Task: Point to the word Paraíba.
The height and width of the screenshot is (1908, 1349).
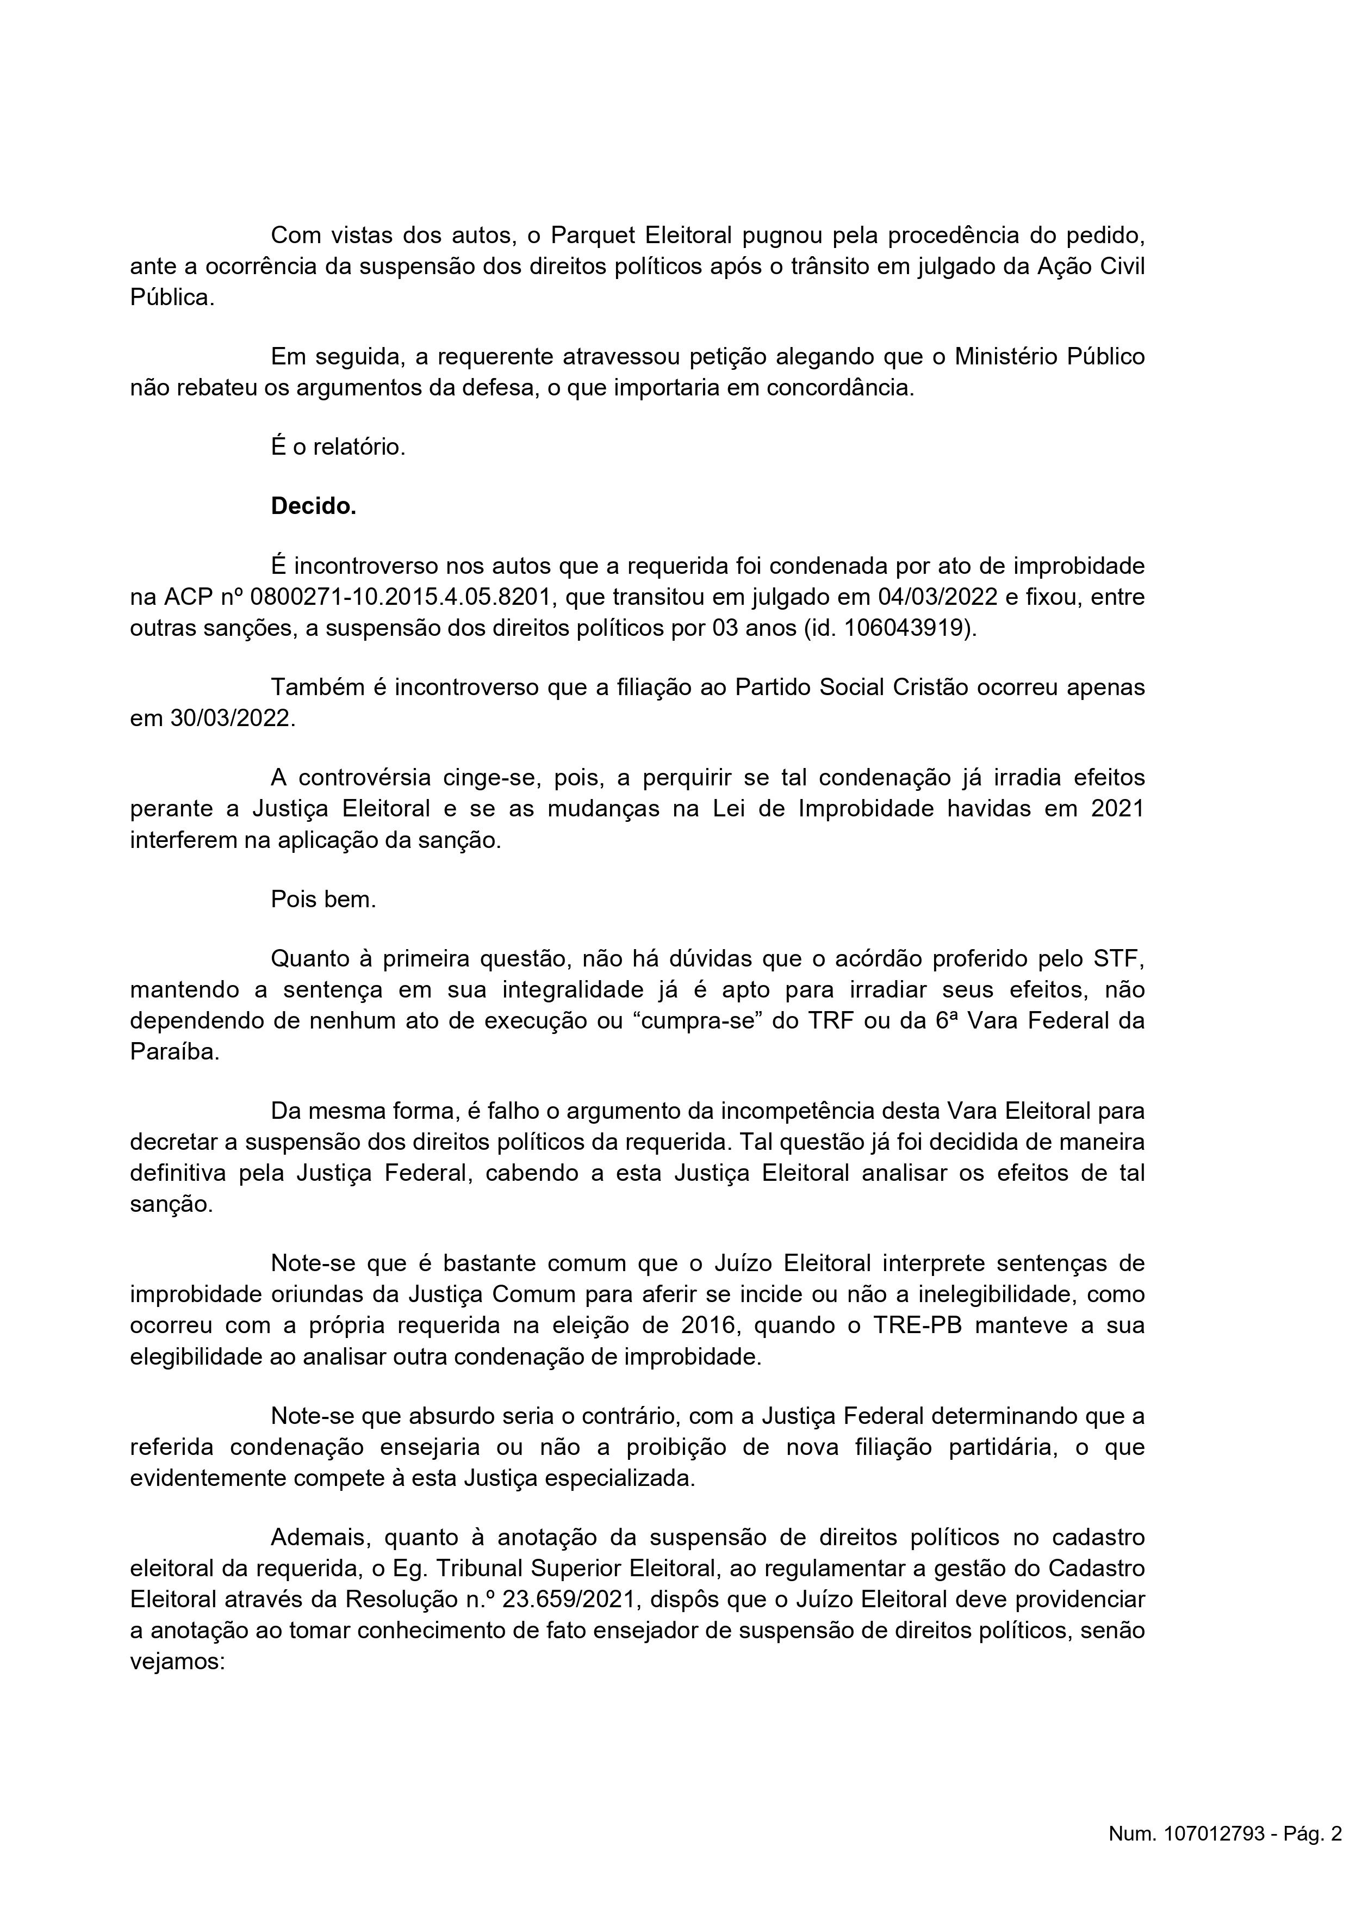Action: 175,1051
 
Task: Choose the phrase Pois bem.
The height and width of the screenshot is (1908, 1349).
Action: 323,899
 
